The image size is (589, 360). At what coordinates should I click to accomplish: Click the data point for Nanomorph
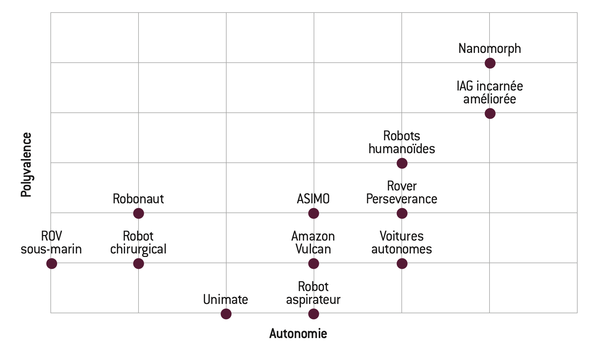tap(490, 63)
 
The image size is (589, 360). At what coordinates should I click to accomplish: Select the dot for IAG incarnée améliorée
tap(490, 114)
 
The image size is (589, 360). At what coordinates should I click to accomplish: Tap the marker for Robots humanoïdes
tap(402, 163)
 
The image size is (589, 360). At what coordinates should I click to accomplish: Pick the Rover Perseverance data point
tap(402, 213)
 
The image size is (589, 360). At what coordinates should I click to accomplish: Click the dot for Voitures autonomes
tap(402, 264)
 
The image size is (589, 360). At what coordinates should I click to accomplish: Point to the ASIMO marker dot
tap(314, 213)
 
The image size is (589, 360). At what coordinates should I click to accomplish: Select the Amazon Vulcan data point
tap(314, 264)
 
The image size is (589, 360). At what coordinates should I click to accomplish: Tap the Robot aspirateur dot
tap(314, 314)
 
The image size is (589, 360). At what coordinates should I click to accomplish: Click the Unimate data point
tap(226, 314)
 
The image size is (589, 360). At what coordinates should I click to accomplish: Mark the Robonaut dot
tap(139, 213)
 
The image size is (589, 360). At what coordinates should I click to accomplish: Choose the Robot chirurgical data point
tap(139, 264)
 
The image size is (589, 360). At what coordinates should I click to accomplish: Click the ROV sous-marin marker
tap(52, 264)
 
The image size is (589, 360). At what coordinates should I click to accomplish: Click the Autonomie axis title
tap(298, 334)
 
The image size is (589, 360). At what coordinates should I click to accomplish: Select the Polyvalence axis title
tap(26, 165)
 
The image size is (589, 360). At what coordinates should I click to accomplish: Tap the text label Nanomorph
tap(489, 49)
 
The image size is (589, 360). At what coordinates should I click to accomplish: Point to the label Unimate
tap(226, 299)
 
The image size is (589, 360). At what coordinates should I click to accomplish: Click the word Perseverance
tap(402, 199)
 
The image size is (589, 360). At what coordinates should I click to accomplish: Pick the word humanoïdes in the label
tap(402, 149)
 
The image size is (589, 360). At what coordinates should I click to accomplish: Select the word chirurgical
tap(138, 249)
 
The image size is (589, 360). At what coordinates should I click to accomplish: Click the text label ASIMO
tap(313, 199)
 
